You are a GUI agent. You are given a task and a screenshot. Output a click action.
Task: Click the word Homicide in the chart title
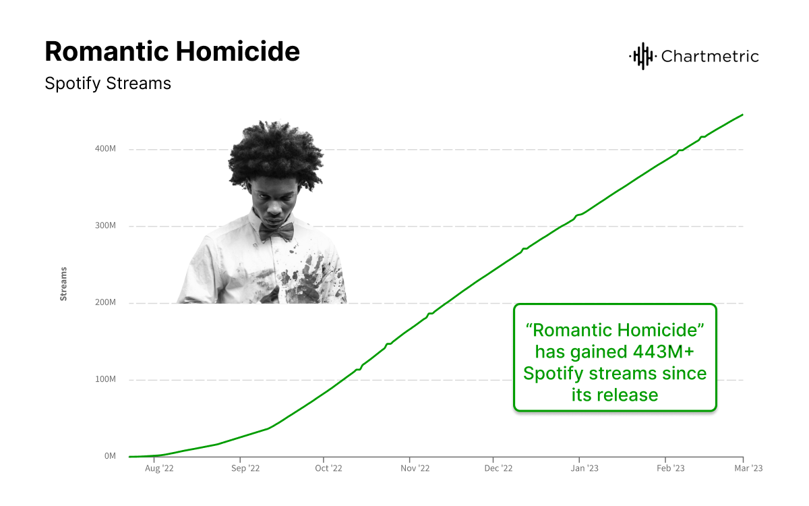coord(237,52)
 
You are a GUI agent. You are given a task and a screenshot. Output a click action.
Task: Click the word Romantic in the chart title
coord(107,52)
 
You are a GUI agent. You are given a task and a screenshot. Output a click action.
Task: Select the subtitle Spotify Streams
coord(108,84)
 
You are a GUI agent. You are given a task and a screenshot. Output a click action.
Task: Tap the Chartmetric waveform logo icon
coord(642,56)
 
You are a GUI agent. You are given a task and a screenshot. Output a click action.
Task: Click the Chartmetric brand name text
coord(710,57)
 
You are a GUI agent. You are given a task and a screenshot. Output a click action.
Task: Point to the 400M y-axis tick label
coord(105,148)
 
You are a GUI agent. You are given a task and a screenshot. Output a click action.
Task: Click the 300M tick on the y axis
coord(105,225)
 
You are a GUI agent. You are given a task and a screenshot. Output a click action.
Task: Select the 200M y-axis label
coord(105,302)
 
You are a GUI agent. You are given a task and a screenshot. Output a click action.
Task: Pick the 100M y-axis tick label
coord(105,379)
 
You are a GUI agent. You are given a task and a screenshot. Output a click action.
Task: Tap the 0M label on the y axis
coord(110,456)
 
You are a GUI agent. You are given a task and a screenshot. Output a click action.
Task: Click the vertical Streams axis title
coord(63,284)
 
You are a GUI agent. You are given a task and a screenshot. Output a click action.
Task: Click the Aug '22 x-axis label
coord(159,468)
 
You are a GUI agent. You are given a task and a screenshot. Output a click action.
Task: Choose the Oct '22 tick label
coord(329,468)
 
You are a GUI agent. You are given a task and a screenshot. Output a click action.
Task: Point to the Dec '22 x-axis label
coord(498,468)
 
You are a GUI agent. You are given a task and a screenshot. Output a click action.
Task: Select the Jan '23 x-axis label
coord(585,468)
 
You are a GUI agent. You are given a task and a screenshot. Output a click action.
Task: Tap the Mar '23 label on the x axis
coord(748,468)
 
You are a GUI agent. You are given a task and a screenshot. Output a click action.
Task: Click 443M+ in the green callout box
coord(663,352)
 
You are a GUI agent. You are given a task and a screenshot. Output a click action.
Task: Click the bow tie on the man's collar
coord(276,231)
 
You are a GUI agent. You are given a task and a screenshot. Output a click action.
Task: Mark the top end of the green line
coord(742,115)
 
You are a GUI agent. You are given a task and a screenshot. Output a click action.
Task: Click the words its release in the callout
coord(615,395)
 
